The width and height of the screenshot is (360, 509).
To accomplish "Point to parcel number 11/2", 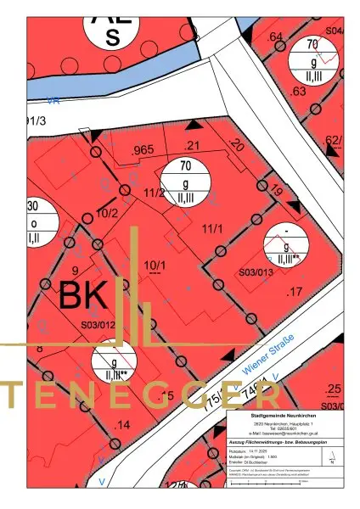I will coord(154,193).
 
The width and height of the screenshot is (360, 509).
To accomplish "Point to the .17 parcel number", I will coord(295,293).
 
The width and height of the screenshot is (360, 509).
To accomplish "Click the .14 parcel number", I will coord(122,423).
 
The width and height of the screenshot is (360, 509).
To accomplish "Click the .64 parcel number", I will coord(274,37).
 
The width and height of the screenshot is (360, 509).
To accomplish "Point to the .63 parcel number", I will coord(298,91).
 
